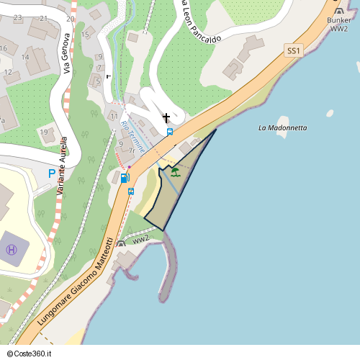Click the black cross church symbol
(x=166, y=117)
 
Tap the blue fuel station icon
(x=124, y=178)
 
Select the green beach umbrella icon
(x=175, y=171)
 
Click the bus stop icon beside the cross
(x=170, y=132)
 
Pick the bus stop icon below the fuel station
(x=131, y=192)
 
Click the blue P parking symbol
(x=51, y=174)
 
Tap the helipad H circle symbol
(x=12, y=250)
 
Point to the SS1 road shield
(x=293, y=50)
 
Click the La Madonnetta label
(x=283, y=127)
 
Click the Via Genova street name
(x=66, y=53)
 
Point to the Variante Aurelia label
(x=62, y=166)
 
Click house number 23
(x=17, y=17)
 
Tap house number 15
(x=85, y=34)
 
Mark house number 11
(x=114, y=116)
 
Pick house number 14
(x=24, y=57)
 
